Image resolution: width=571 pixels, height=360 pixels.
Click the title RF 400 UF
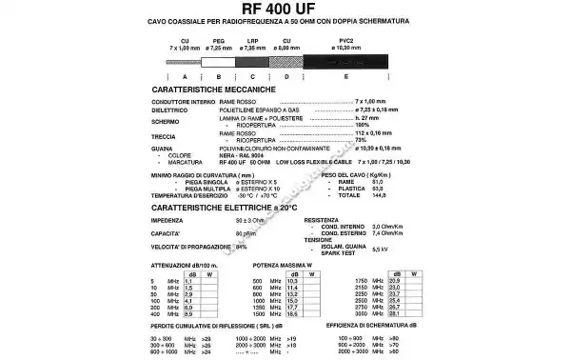pos(285,10)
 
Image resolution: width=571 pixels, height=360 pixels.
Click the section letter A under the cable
pos(184,75)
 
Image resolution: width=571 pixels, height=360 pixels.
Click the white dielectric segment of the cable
pos(219,60)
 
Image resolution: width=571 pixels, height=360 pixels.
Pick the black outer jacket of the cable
pos(352,60)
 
